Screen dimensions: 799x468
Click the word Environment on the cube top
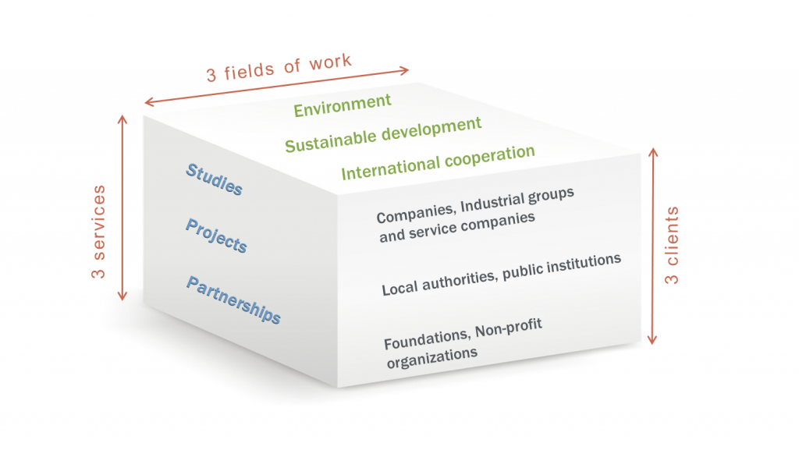tap(343, 105)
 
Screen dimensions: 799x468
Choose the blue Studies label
tap(214, 179)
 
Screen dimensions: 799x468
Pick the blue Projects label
tap(216, 236)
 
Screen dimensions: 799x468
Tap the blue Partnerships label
tap(233, 300)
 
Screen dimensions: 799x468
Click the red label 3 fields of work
tap(279, 68)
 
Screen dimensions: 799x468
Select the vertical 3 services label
tap(98, 232)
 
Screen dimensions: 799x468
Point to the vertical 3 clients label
tap(672, 245)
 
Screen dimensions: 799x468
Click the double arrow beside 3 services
tap(123, 207)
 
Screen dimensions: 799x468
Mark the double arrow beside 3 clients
tap(653, 246)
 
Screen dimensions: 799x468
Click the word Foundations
tap(427, 339)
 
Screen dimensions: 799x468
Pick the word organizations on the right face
tap(432, 357)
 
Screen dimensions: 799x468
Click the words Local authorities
tap(439, 282)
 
